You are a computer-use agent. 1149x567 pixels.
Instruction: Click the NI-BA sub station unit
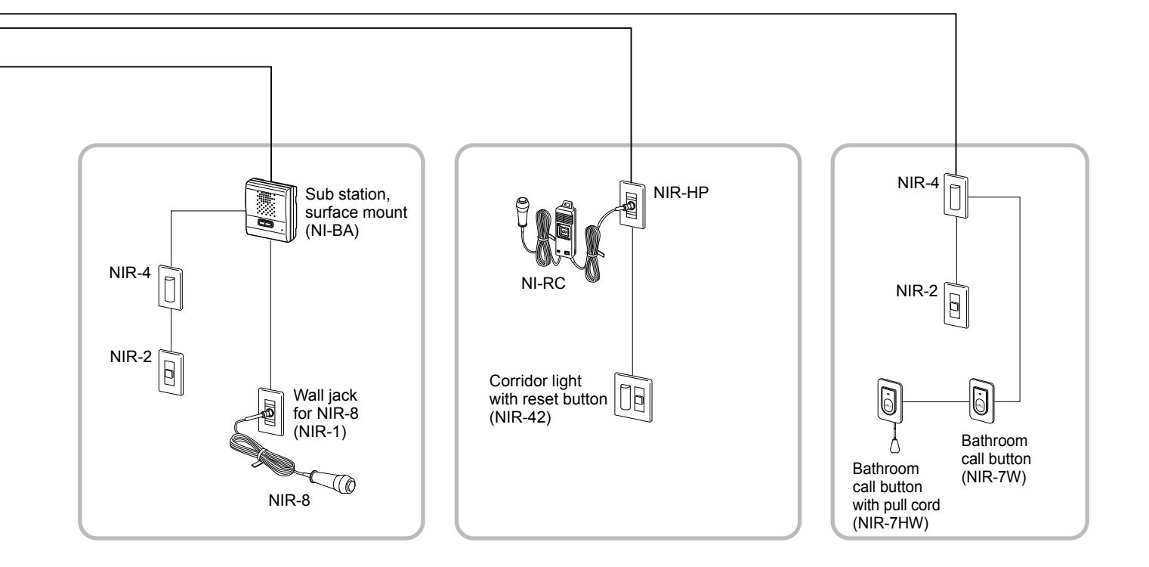271,210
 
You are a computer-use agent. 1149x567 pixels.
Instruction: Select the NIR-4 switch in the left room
170,288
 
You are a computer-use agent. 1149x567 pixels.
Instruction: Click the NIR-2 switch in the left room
171,373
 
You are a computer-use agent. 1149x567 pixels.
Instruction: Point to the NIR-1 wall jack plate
271,411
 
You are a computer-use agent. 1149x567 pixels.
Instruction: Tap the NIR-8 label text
289,500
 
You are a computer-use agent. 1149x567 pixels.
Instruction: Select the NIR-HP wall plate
632,205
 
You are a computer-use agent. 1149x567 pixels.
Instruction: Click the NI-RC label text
542,283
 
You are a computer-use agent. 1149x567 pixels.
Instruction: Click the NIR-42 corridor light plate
634,398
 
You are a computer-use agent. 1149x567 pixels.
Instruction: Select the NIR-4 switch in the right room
956,196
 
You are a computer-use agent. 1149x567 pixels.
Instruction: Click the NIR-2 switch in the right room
956,305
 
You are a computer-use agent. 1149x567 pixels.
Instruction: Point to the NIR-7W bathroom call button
981,401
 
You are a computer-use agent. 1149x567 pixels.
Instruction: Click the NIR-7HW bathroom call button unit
889,401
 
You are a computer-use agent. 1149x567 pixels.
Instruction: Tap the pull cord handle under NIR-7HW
896,445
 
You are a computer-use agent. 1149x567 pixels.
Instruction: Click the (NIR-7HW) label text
891,523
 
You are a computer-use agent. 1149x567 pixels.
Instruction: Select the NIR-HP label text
681,193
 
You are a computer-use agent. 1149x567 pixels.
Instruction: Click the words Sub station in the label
347,194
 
